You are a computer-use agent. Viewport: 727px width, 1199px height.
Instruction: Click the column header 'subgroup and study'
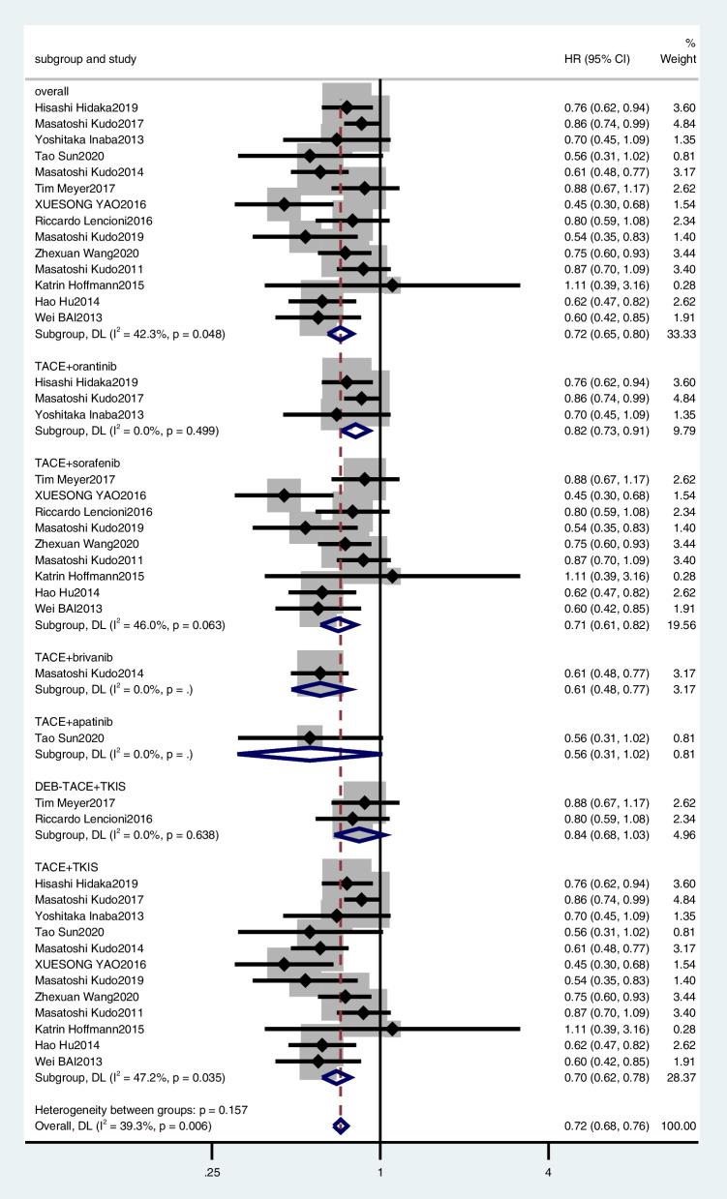pos(85,59)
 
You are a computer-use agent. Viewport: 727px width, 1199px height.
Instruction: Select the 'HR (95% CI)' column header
pos(597,59)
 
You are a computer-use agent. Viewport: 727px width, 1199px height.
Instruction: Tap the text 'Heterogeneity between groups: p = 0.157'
pos(140,1110)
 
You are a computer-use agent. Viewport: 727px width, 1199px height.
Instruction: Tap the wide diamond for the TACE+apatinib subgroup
pos(310,754)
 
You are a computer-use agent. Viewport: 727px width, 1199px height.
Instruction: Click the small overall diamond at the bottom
pos(340,1125)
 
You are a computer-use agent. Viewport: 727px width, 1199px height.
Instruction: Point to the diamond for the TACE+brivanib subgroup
pos(322,689)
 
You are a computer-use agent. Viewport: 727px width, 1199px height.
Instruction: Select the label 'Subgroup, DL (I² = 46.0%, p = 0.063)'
pos(130,625)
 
